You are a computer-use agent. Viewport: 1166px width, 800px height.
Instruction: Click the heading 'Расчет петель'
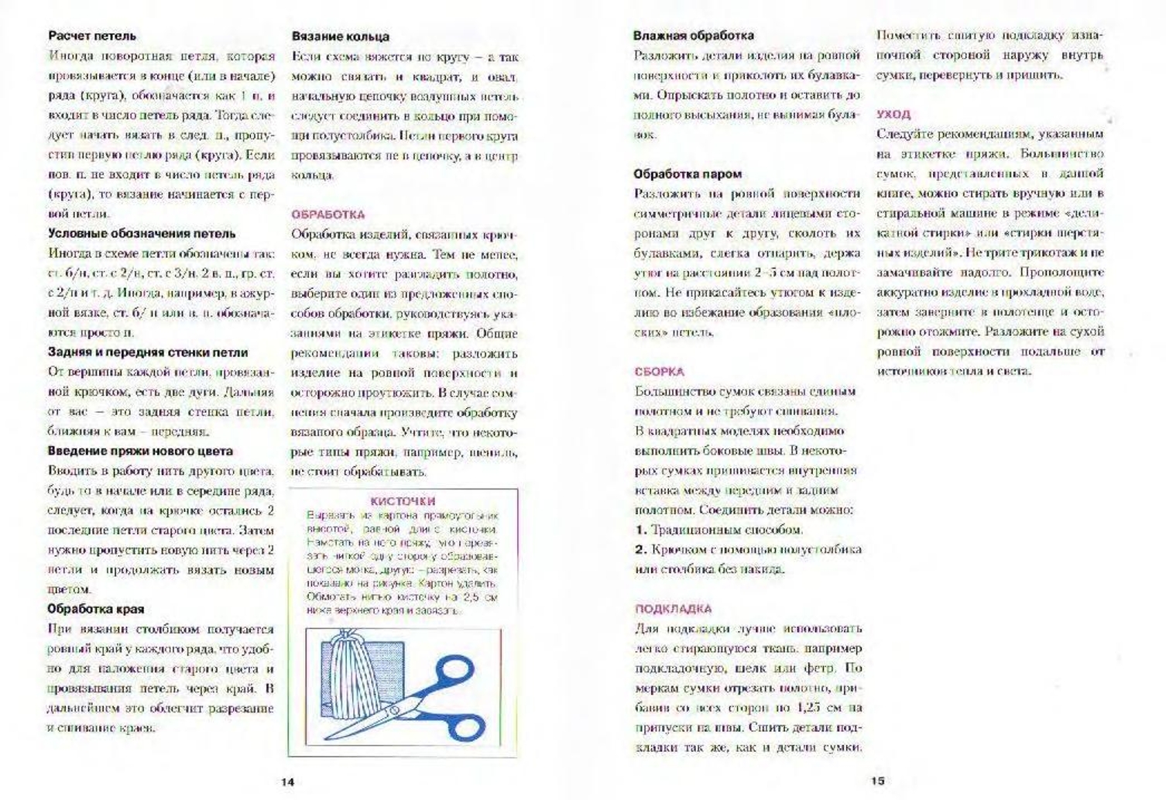pos(92,36)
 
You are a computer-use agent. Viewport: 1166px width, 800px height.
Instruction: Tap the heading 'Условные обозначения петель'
pos(142,234)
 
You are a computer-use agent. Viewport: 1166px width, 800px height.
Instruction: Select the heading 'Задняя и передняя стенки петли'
pos(148,352)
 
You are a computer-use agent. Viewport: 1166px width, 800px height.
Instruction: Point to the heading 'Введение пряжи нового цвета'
pos(140,452)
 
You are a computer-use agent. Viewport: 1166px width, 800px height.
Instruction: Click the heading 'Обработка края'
pos(96,609)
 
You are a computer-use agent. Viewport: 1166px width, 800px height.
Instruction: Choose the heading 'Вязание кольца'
pos(341,37)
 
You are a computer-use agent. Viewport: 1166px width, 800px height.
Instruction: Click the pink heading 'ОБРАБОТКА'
pos(328,215)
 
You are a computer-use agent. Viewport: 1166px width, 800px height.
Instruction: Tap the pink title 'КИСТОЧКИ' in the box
pos(403,501)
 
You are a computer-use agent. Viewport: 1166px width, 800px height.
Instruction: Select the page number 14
pos(287,782)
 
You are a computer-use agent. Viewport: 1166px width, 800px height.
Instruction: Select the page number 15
pos(877,781)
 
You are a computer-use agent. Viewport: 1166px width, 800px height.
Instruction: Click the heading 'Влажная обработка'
pos(694,36)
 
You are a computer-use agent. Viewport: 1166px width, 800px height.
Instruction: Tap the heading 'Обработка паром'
pos(688,174)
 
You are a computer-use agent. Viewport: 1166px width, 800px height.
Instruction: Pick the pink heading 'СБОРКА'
pos(660,372)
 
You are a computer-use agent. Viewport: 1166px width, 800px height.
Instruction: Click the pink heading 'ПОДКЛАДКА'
pos(673,609)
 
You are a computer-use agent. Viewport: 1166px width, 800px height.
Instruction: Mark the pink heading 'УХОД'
pos(893,115)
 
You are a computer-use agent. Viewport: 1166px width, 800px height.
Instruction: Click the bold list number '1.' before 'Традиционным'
pos(641,530)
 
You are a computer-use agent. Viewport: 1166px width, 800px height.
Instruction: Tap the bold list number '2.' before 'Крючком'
pos(641,550)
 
